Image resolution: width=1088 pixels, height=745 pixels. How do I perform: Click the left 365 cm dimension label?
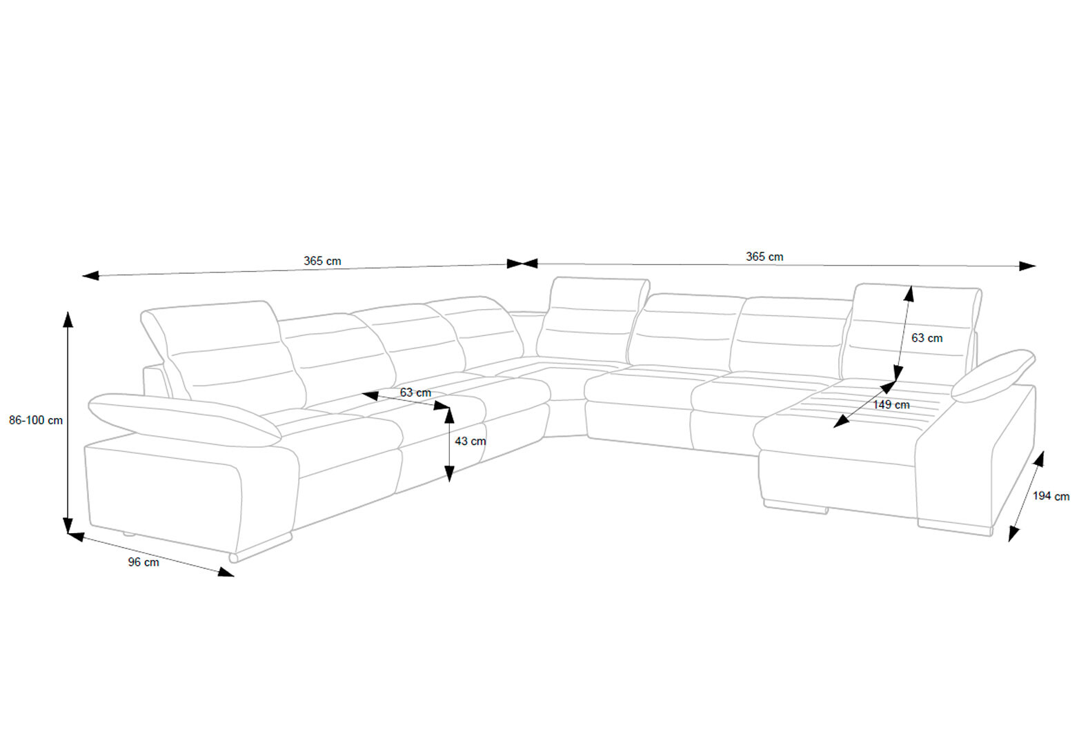pos(322,261)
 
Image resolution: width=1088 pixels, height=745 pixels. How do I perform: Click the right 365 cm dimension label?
pos(764,257)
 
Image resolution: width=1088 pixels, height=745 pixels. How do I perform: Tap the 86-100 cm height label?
pos(36,421)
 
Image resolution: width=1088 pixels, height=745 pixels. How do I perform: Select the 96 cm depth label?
pos(144,562)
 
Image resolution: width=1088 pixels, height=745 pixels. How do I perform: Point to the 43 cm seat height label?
pos(470,441)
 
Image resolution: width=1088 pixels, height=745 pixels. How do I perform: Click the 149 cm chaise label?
pos(891,404)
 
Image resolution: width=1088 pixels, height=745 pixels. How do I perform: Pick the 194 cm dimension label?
pos(1051,496)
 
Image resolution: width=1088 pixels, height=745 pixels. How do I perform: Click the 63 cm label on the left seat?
pos(415,393)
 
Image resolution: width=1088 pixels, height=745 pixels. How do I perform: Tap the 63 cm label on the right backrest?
pos(927,338)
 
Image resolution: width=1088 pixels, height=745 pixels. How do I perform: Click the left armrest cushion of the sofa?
pos(185,419)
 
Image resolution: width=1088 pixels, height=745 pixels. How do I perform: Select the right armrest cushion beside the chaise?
pos(993,375)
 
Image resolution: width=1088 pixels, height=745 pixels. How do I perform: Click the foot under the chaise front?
pos(795,506)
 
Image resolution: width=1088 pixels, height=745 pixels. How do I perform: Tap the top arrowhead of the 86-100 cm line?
pos(68,319)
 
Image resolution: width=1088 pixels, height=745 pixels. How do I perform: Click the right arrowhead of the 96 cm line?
pos(226,572)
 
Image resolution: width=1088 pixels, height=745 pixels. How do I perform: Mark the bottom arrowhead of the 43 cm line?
pos(449,473)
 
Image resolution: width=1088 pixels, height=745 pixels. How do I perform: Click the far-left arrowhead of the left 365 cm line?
pos(91,276)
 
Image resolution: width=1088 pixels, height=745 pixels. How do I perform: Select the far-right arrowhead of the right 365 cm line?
pos(1027,266)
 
